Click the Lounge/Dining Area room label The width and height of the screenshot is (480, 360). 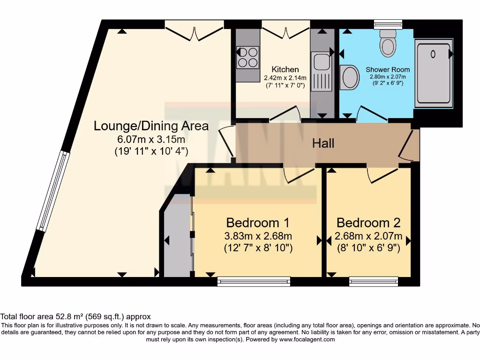151,126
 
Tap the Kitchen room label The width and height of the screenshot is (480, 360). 285,69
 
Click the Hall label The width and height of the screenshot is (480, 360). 323,143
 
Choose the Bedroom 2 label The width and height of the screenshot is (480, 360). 369,222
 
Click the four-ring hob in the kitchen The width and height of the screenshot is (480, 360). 247,57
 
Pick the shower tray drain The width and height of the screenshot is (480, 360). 433,54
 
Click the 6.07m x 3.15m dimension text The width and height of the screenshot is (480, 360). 151,139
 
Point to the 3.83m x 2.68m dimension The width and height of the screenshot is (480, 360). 258,236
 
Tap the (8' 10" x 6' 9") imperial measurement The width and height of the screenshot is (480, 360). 369,248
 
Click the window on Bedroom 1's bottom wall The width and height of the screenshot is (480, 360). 254,281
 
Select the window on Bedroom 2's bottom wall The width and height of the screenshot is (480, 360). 374,281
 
